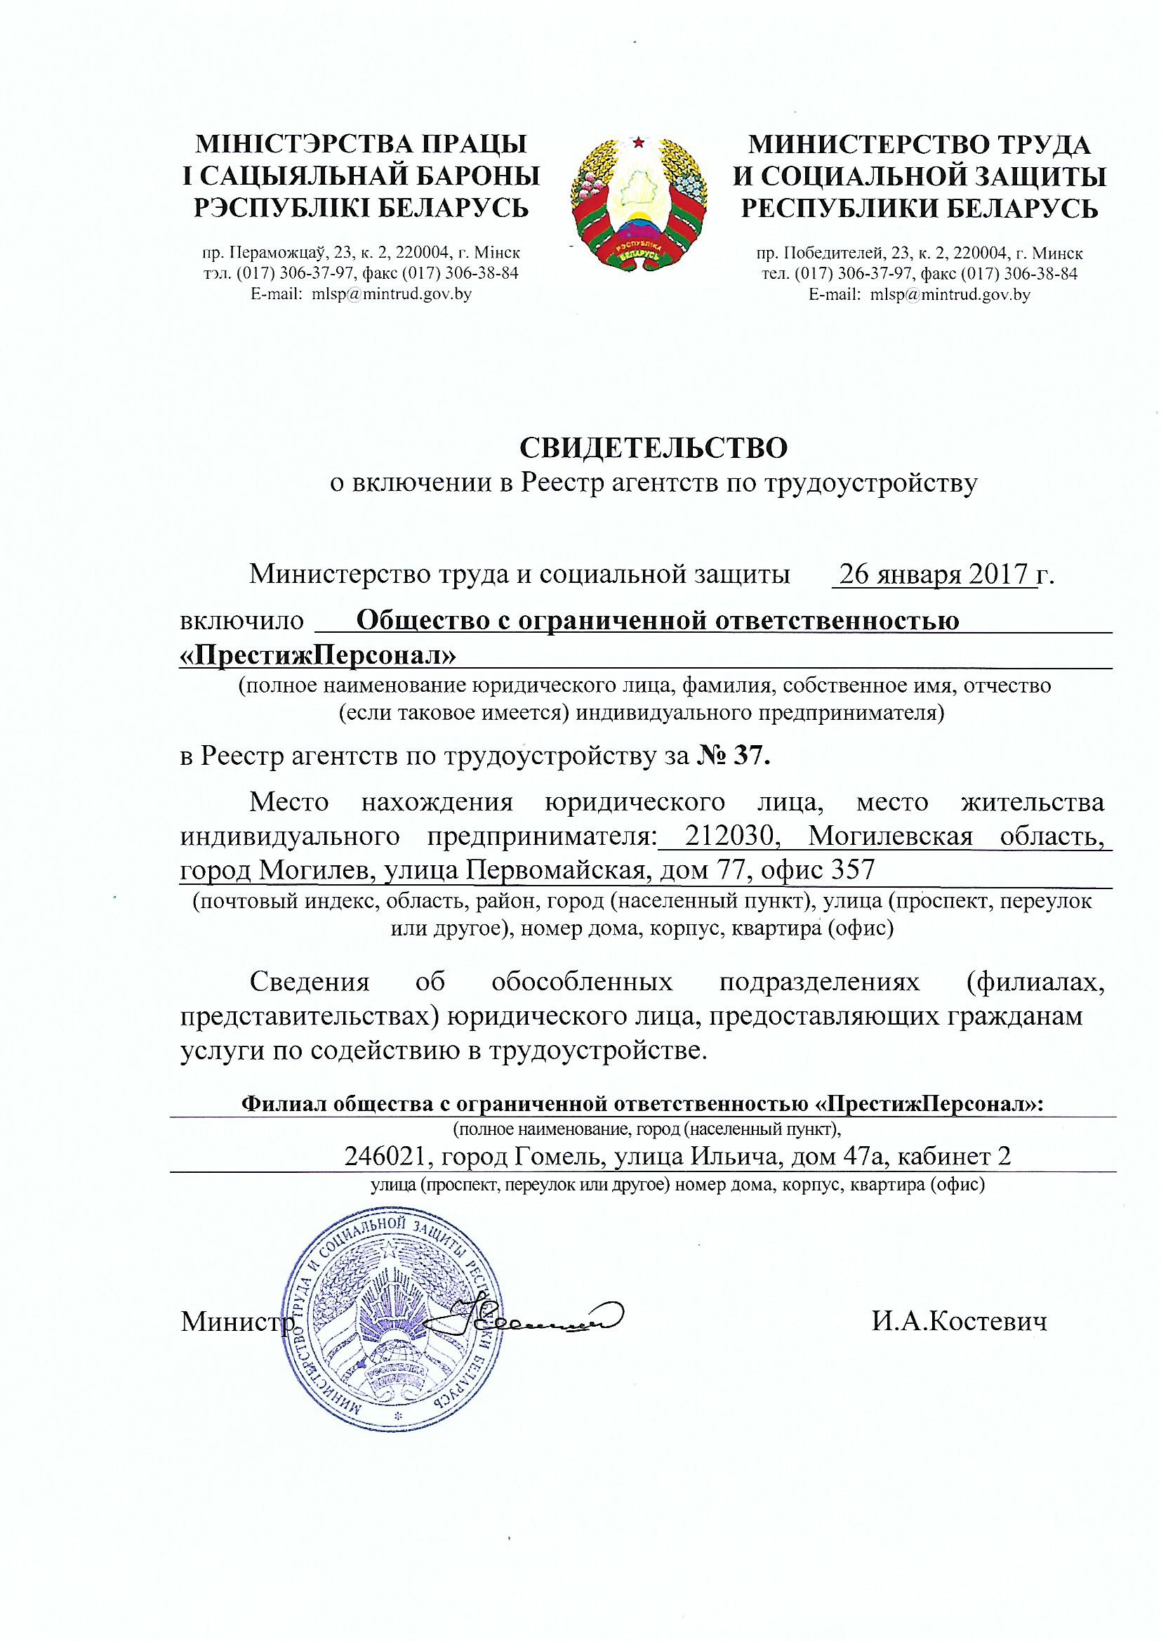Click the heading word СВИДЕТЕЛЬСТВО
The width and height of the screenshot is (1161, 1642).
(x=653, y=448)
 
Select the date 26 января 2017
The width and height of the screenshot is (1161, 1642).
(x=934, y=574)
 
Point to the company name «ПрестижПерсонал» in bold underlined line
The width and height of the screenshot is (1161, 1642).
(x=317, y=655)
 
